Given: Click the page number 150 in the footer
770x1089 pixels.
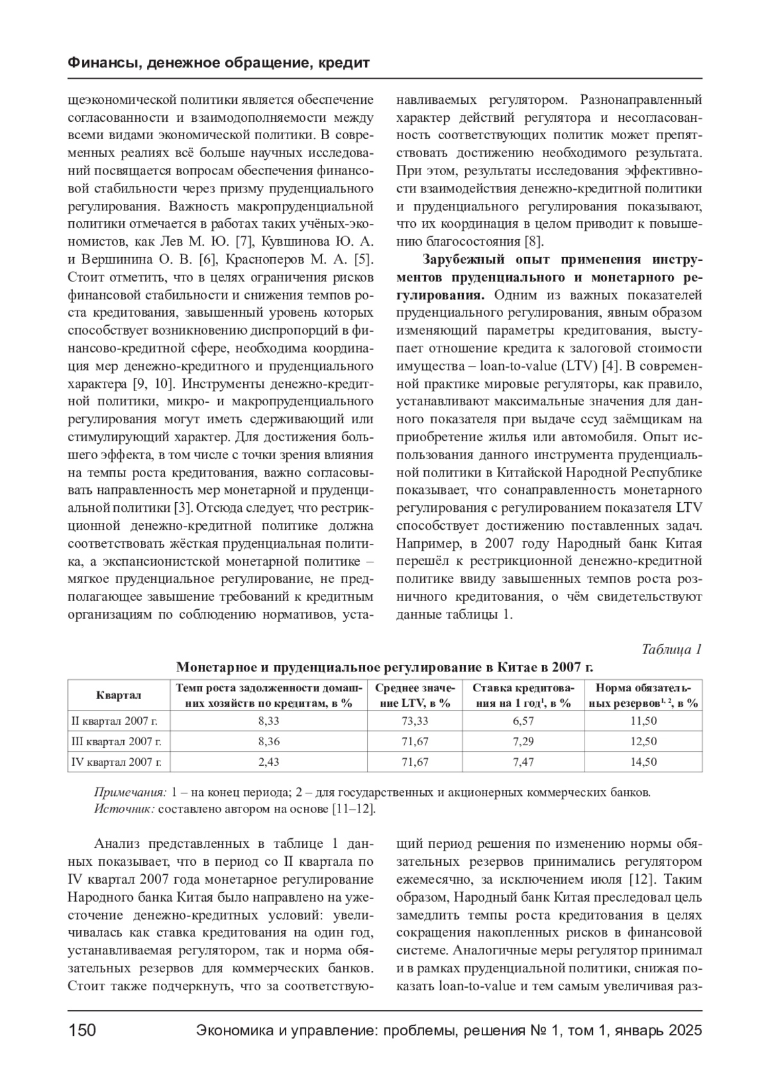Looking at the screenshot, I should pyautogui.click(x=82, y=1031).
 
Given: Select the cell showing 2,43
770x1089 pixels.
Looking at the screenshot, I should pyautogui.click(x=269, y=762).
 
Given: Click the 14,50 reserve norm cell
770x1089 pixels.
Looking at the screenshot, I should pyautogui.click(x=644, y=762).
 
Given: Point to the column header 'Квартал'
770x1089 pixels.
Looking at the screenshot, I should pyautogui.click(x=119, y=695).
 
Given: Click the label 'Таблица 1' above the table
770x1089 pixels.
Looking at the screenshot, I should pyautogui.click(x=671, y=649).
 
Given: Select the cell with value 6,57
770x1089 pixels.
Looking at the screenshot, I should pyautogui.click(x=523, y=721).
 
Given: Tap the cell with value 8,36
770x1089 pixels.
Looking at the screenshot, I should pyautogui.click(x=269, y=741).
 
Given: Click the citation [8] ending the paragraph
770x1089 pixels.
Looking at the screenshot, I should pyautogui.click(x=534, y=242).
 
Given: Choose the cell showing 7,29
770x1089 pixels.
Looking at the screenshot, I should pyautogui.click(x=523, y=741).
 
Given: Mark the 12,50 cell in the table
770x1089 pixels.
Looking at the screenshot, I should pyautogui.click(x=644, y=741).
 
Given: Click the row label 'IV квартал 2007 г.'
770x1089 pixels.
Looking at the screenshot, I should pyautogui.click(x=116, y=762).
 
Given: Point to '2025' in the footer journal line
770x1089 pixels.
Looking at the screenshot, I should pyautogui.click(x=685, y=1031).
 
